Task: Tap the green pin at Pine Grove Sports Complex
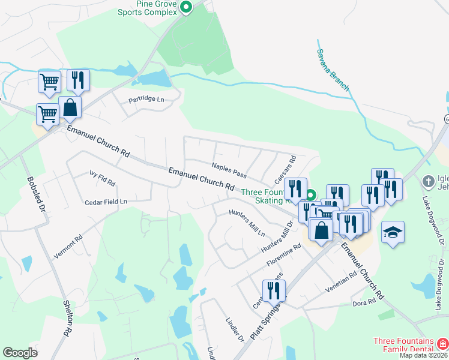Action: (x=186, y=8)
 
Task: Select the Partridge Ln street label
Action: (x=146, y=99)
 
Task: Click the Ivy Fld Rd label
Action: (x=102, y=178)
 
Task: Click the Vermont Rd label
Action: (x=67, y=248)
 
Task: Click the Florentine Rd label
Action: (x=284, y=256)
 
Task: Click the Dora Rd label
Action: (x=363, y=302)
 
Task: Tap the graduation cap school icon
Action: (x=393, y=232)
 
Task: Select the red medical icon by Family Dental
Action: (x=442, y=344)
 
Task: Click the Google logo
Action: (x=20, y=353)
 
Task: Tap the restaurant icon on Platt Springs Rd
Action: (x=274, y=291)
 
